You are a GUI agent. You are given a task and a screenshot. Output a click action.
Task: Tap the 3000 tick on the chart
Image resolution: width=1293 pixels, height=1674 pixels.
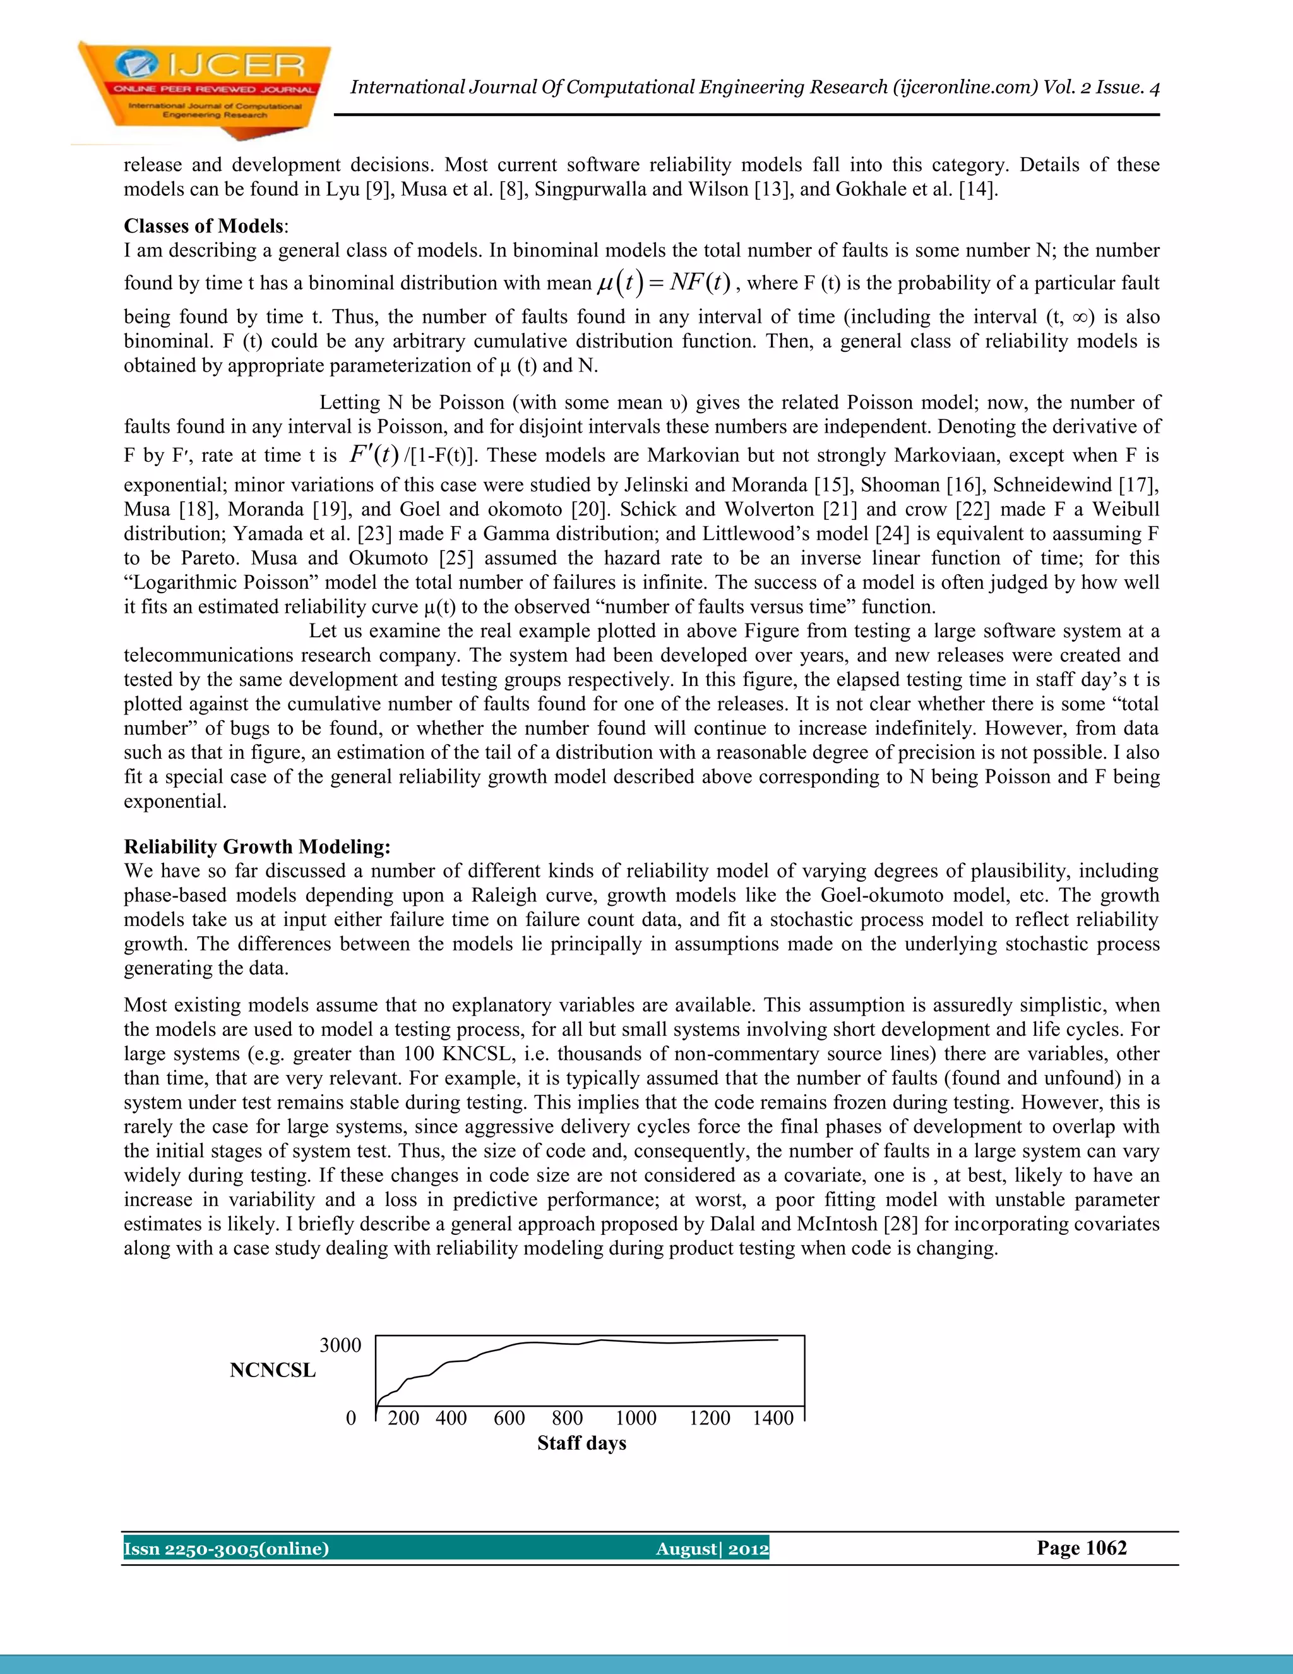pyautogui.click(x=340, y=1345)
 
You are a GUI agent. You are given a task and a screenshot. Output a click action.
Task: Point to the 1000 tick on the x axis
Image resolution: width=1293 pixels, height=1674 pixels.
pyautogui.click(x=636, y=1419)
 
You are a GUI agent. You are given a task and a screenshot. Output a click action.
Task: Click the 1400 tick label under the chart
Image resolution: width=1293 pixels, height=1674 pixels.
pyautogui.click(x=772, y=1419)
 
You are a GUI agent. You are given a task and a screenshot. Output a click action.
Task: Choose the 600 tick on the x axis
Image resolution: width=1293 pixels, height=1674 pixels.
pyautogui.click(x=509, y=1419)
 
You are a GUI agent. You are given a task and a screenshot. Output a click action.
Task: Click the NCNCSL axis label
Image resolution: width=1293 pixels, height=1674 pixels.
pyautogui.click(x=273, y=1371)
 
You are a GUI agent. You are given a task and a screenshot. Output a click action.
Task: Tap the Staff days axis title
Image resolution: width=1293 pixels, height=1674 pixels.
pyautogui.click(x=581, y=1443)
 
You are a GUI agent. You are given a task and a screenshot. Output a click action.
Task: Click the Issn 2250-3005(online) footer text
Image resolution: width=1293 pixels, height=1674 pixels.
pyautogui.click(x=227, y=1549)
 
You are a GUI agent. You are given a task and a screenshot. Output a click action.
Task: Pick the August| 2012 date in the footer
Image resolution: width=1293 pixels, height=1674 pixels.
pyautogui.click(x=712, y=1549)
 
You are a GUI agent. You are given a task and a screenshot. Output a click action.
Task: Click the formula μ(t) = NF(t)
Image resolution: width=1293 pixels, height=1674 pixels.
pyautogui.click(x=664, y=283)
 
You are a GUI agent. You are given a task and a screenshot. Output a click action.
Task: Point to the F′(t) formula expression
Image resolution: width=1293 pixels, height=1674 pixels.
pyautogui.click(x=374, y=455)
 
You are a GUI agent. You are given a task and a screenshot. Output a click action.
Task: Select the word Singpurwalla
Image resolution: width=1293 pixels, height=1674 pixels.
pyautogui.click(x=588, y=190)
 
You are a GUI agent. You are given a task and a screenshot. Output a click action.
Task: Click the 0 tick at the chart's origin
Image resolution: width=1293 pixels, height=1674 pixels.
pyautogui.click(x=351, y=1419)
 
